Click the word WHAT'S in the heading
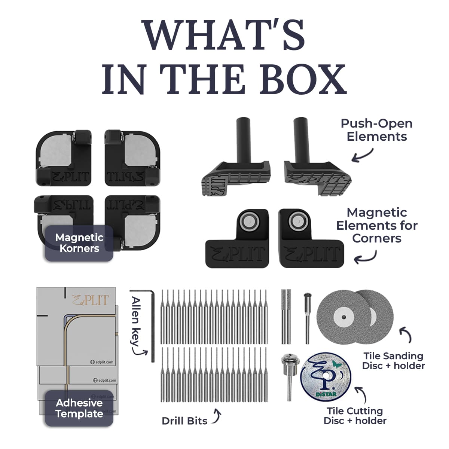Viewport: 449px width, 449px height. (223, 34)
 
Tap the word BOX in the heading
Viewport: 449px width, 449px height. (307, 79)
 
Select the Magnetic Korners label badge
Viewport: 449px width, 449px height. (79, 243)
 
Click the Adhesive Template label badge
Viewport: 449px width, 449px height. (79, 408)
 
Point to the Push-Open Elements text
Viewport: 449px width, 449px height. (376, 130)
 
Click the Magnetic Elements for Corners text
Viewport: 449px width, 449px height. (376, 225)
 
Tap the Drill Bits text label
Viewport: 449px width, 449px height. (184, 421)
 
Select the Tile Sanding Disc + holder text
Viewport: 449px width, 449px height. (393, 361)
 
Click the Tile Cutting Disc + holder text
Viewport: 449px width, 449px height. (355, 416)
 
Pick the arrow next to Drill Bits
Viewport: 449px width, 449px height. (216, 416)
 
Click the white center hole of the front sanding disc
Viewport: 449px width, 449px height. (343, 317)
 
